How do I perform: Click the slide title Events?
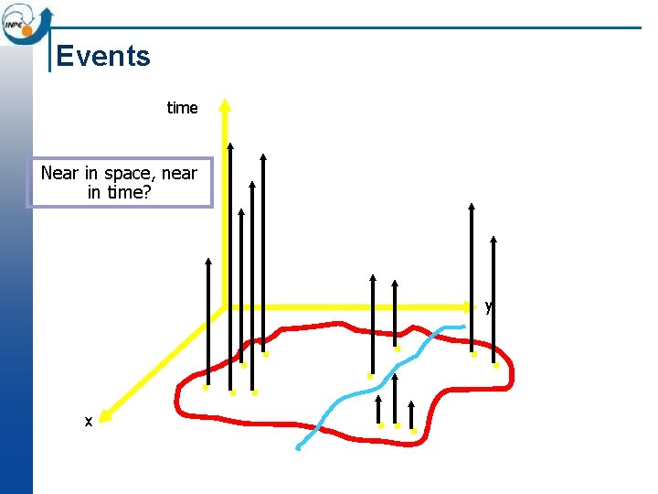tap(102, 56)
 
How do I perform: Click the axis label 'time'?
tap(182, 108)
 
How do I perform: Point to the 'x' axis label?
tap(88, 422)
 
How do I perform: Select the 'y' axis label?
tap(489, 306)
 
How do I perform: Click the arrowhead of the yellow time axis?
tap(225, 104)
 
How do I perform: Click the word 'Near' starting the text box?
tap(59, 173)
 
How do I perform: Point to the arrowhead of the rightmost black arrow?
tap(494, 241)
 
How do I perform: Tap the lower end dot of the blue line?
tap(298, 448)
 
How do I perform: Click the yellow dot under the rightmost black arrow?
tap(496, 365)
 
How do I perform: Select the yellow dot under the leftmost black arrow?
tap(207, 387)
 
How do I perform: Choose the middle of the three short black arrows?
tap(397, 398)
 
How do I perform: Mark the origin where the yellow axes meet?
tap(225, 306)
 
